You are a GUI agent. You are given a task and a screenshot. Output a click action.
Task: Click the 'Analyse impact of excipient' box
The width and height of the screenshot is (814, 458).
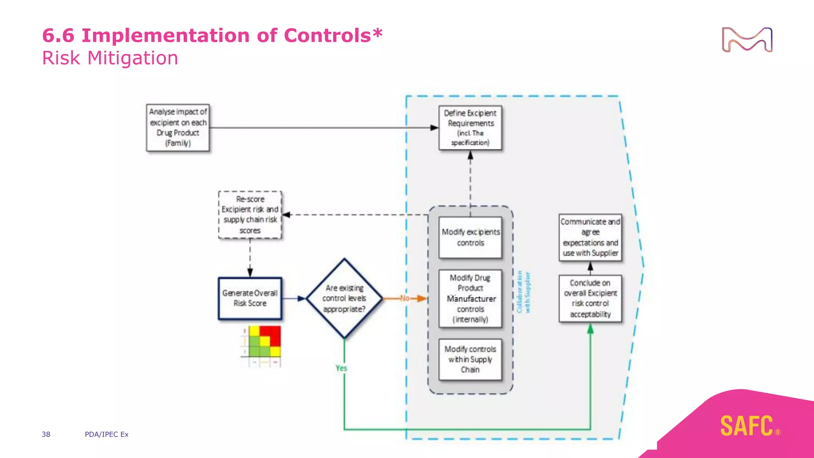coord(178,128)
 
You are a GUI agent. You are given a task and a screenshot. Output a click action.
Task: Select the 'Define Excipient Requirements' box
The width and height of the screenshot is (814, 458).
coord(470,128)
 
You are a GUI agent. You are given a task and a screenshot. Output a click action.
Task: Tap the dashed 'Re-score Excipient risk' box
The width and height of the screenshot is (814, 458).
coord(250,215)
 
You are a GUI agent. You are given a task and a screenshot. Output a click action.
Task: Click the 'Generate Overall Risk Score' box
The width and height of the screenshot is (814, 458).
coord(250,298)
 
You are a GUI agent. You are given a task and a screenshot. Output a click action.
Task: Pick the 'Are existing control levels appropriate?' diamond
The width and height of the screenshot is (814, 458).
coord(344,298)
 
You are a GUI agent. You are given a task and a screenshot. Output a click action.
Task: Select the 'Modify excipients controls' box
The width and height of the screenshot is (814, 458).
coord(470,237)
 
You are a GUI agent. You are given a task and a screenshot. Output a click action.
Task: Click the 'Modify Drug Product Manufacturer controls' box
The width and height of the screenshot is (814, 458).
coord(470,299)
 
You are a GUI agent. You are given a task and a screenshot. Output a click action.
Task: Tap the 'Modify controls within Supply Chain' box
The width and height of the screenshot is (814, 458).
coord(470,359)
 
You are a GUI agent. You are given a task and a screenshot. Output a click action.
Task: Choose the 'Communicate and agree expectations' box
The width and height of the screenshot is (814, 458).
coord(590,237)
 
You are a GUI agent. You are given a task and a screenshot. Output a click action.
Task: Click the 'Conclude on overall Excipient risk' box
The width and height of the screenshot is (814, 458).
coord(590,299)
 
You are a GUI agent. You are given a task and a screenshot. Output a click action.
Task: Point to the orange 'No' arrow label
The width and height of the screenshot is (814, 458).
coord(405,298)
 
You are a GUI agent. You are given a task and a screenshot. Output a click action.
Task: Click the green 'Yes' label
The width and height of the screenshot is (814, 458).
coord(341,368)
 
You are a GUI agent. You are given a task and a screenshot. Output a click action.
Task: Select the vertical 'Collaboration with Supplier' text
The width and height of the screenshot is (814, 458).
coord(523,292)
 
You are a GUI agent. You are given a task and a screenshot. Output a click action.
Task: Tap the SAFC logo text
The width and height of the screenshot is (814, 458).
coord(747,426)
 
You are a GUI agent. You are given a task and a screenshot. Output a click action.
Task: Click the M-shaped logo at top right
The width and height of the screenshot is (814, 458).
coord(747,40)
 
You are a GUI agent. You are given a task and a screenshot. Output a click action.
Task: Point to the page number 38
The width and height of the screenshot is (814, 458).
coord(46,434)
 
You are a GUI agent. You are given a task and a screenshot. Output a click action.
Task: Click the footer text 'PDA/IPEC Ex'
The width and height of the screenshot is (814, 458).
coord(107,434)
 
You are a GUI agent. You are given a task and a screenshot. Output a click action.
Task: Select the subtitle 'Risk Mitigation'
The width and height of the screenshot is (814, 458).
coord(110,58)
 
